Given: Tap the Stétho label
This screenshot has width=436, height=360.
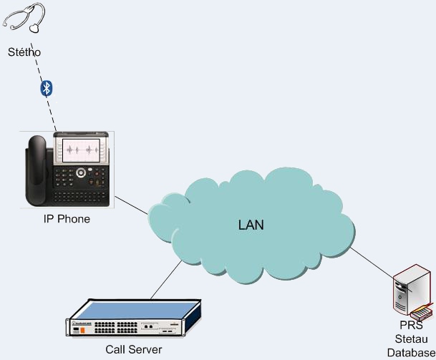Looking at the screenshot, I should coord(24,52).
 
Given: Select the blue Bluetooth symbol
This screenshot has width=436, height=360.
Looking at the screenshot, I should coord(47,89).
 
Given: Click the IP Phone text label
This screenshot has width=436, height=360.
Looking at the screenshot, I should coord(67,219).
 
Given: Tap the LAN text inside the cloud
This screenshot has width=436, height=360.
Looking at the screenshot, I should coord(251,225).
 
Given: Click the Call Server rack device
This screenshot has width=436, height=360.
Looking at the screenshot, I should coord(133,318).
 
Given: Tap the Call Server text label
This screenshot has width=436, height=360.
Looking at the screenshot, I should coord(133,350).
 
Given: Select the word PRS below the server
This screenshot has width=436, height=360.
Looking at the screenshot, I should coord(410,326).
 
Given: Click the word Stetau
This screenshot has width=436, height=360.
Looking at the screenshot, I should coord(410,339).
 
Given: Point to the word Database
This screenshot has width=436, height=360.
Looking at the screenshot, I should coord(410,351).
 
